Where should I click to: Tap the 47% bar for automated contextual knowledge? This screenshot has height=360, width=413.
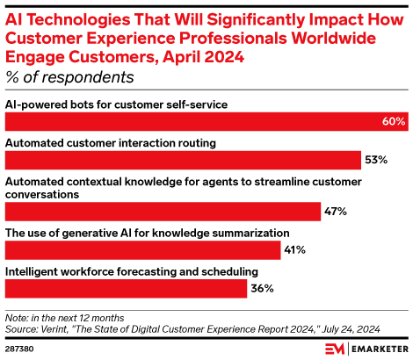pyautogui.click(x=163, y=212)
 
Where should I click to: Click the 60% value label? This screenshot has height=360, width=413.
pyautogui.click(x=394, y=121)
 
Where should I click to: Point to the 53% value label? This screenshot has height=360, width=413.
pyautogui.click(x=376, y=160)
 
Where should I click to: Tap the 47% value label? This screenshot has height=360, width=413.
pyautogui.click(x=337, y=212)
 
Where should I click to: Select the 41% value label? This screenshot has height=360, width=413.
pyautogui.click(x=293, y=250)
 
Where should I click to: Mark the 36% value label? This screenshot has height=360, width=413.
pyautogui.click(x=263, y=288)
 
